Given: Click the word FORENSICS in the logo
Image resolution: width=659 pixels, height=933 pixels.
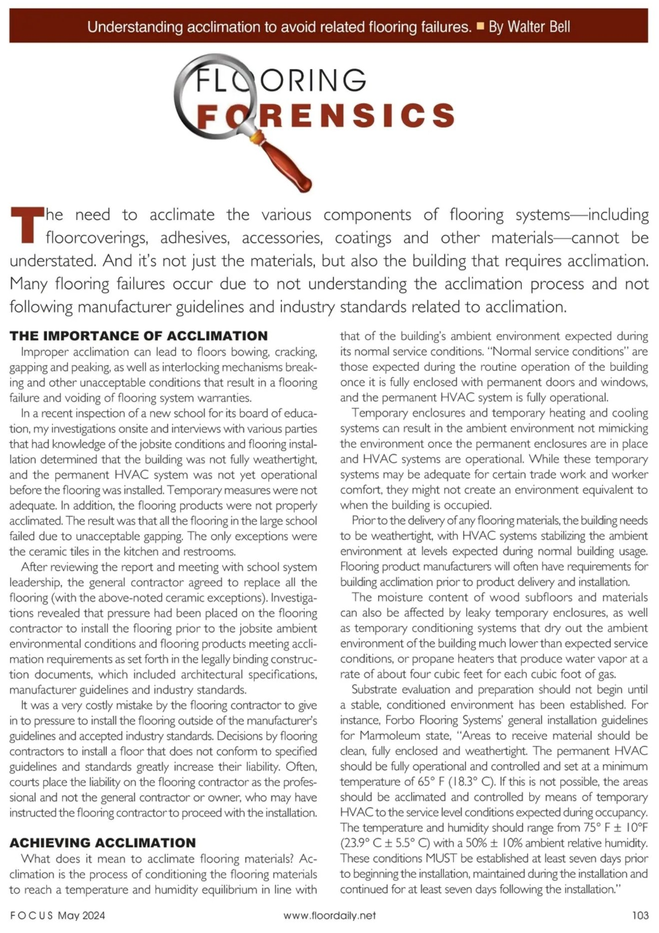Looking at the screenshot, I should [x=325, y=115].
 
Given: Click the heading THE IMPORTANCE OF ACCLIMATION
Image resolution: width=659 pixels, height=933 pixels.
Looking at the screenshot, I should [x=139, y=335].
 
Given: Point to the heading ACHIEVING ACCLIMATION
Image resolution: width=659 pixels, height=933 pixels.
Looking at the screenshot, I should [x=103, y=842].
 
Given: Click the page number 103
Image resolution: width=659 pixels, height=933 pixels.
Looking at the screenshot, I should [x=640, y=915].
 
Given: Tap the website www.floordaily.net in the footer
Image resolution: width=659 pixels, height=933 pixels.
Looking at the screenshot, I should [x=329, y=915].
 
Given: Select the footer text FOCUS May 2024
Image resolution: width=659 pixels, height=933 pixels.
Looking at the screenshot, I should [x=58, y=915].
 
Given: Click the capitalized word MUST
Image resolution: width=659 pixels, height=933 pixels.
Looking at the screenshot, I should [x=438, y=858].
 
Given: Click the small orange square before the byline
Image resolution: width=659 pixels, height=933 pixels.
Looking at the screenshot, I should [x=480, y=26].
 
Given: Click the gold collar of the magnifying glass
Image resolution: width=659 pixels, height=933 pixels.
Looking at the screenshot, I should [x=257, y=136].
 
